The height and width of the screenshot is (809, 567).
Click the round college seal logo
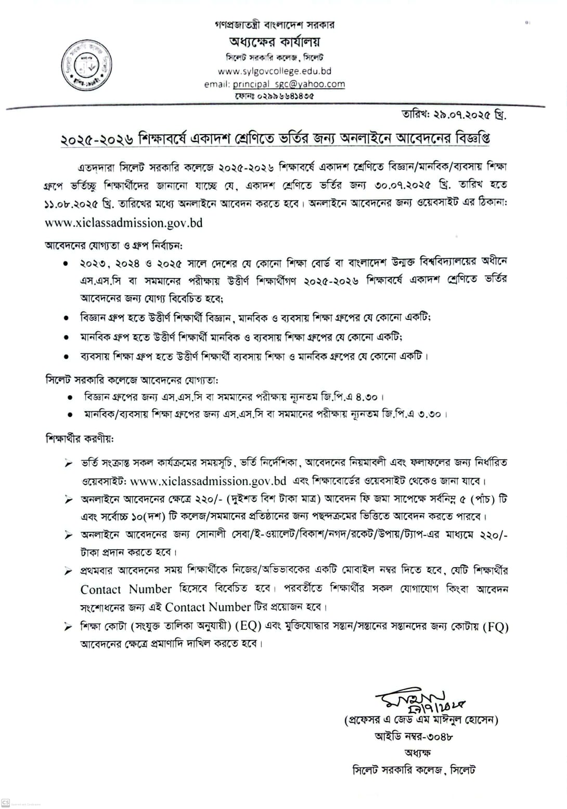87,66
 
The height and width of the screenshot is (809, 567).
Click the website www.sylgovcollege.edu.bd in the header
274,71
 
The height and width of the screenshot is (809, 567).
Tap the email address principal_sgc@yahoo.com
289,84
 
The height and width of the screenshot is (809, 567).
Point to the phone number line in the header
274,96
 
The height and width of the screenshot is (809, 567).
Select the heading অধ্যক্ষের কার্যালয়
274,42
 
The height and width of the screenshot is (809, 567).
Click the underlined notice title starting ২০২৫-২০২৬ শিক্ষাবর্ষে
275,139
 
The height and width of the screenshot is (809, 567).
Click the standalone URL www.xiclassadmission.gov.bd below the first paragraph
124,223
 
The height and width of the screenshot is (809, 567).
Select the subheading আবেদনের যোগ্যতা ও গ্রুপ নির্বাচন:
113,245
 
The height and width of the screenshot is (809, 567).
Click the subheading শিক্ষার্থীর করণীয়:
80,438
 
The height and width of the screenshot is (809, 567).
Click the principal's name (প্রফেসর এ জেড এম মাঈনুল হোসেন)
421,720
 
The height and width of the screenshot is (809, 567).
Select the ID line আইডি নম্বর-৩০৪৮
414,736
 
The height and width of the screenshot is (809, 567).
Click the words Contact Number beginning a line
125,589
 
